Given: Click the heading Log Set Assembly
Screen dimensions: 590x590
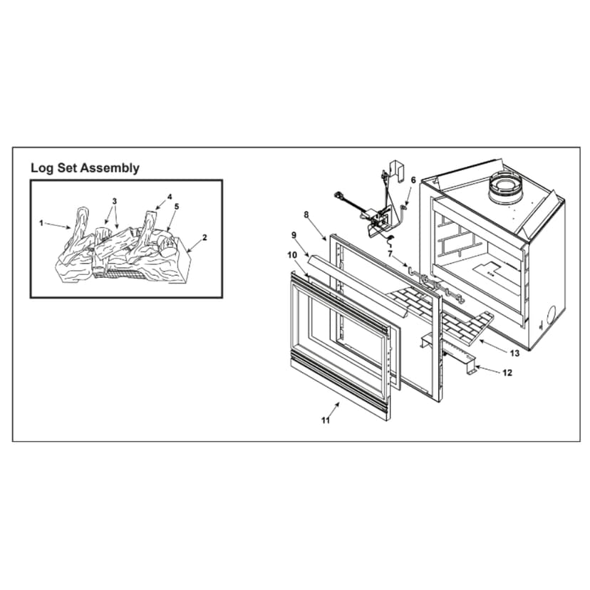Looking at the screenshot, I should point(85,169).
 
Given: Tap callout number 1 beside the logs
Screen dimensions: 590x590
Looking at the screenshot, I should point(41,223).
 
